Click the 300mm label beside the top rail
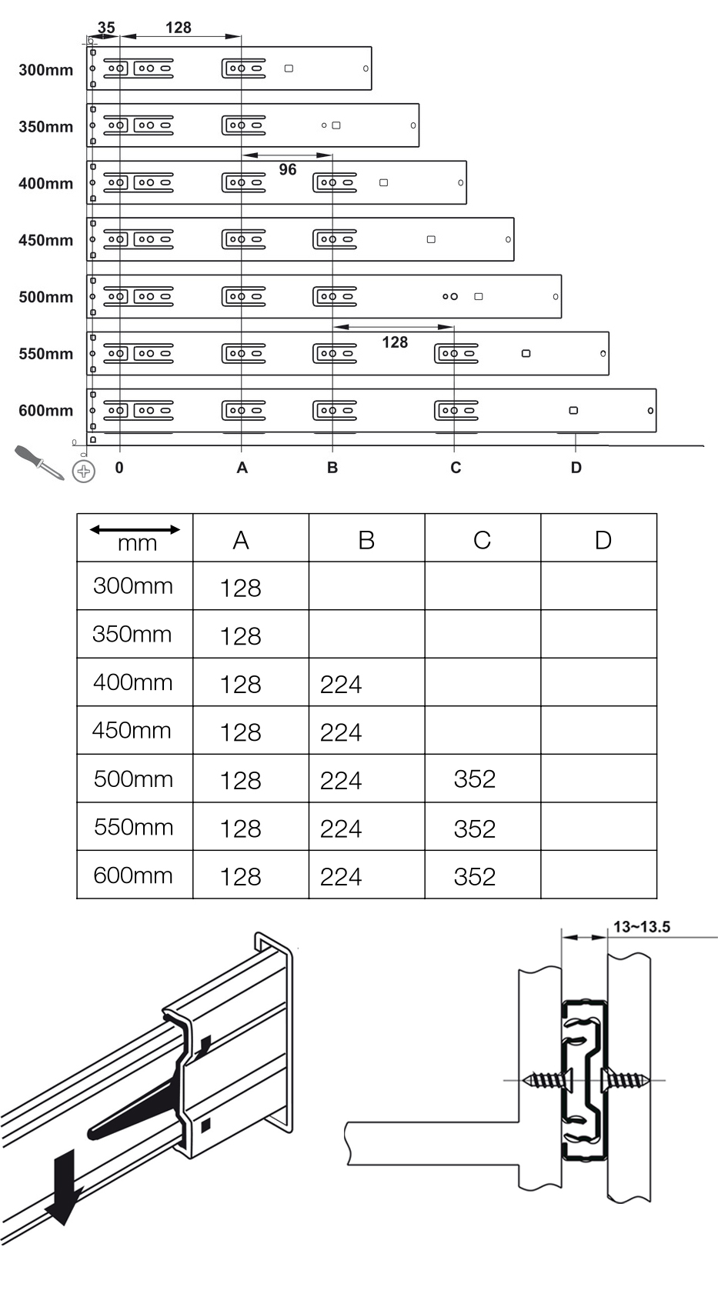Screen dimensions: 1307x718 click(45, 70)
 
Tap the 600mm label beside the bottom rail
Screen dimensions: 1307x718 click(45, 411)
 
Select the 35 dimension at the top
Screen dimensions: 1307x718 click(106, 28)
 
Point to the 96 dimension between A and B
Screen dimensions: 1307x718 click(287, 170)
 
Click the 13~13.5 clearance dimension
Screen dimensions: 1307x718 click(641, 927)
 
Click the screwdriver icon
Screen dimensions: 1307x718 click(38, 462)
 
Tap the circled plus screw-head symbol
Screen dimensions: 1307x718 click(84, 471)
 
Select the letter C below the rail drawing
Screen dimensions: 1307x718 click(456, 468)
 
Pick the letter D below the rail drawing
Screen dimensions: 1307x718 click(576, 468)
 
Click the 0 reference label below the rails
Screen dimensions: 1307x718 click(119, 468)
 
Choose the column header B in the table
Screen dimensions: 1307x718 click(366, 540)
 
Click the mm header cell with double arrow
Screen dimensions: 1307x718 click(135, 537)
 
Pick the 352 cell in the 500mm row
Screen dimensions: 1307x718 click(475, 779)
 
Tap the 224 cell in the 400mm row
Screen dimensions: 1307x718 click(341, 684)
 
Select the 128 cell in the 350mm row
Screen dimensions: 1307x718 click(241, 636)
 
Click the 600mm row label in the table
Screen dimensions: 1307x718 click(133, 875)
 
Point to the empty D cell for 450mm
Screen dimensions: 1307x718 click(599, 731)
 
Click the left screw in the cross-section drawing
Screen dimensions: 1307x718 click(548, 1080)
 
